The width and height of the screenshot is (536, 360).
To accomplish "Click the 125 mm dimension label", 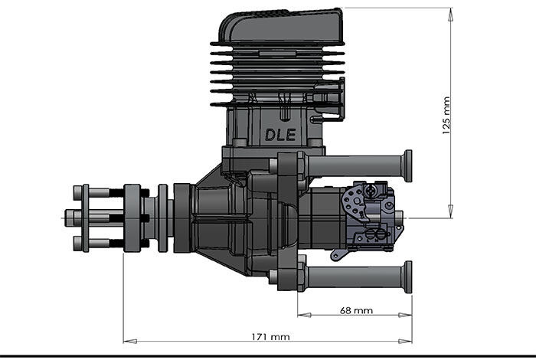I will [x=446, y=116].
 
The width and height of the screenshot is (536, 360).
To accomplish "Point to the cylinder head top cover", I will [x=280, y=28].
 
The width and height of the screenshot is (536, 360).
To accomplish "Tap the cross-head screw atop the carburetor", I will [x=371, y=188].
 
